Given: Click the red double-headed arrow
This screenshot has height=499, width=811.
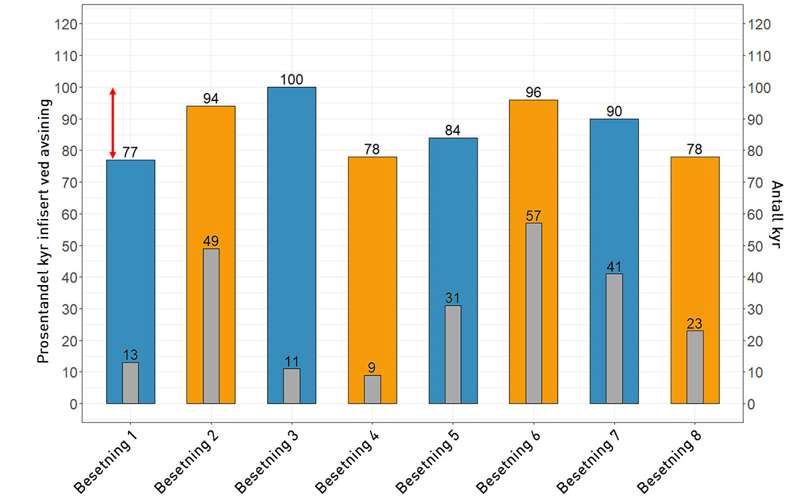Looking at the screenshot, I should [113, 123].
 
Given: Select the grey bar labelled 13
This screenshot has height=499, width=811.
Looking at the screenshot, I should [130, 383].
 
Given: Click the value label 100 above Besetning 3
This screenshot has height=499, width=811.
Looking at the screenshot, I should [291, 80].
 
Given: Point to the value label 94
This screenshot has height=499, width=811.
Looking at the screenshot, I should [211, 99].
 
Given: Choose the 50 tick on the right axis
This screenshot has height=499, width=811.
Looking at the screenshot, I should [759, 246].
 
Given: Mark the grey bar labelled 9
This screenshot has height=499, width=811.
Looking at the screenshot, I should [372, 389].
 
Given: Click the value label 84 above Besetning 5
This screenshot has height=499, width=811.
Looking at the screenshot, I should [453, 130].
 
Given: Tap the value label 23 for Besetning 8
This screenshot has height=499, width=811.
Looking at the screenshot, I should [694, 324].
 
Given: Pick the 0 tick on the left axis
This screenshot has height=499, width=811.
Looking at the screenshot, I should [74, 404].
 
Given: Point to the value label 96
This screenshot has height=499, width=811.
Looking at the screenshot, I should [533, 92].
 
